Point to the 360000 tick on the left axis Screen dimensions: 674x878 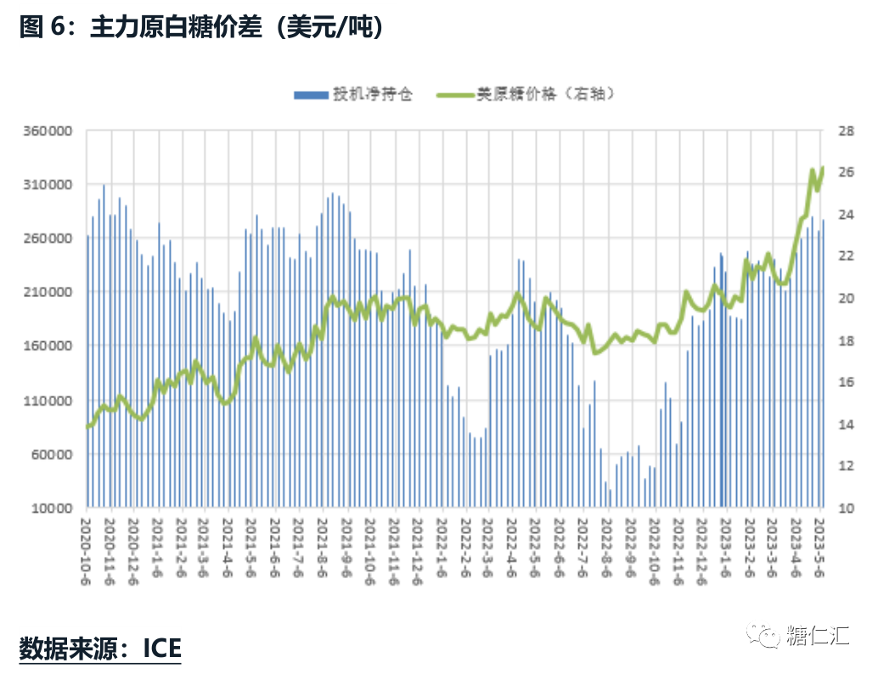[x=46, y=132]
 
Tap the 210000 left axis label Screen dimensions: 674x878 [x=46, y=293]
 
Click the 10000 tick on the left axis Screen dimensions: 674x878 [x=49, y=508]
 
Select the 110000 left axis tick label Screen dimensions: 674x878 [x=46, y=401]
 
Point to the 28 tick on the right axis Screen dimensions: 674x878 [x=846, y=132]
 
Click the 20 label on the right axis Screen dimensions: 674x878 [x=846, y=299]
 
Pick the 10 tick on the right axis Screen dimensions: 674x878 [x=846, y=508]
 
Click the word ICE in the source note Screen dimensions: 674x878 [x=161, y=649]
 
